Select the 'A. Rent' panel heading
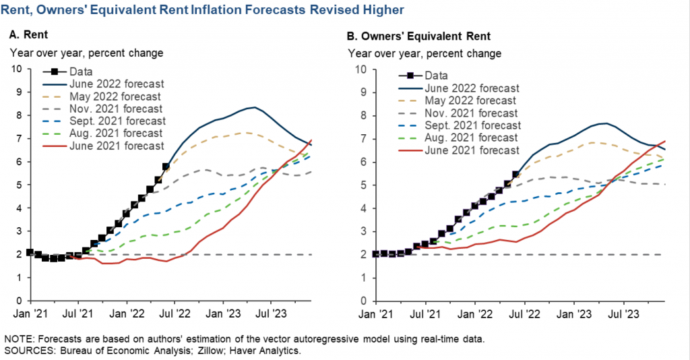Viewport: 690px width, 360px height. (26, 36)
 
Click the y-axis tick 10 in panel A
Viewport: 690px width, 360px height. (18, 69)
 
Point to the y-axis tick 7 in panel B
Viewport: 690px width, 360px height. (364, 139)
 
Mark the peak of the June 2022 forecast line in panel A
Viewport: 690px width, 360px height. (253, 107)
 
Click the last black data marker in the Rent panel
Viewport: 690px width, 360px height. (166, 167)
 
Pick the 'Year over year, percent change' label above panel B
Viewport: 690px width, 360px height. (425, 53)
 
